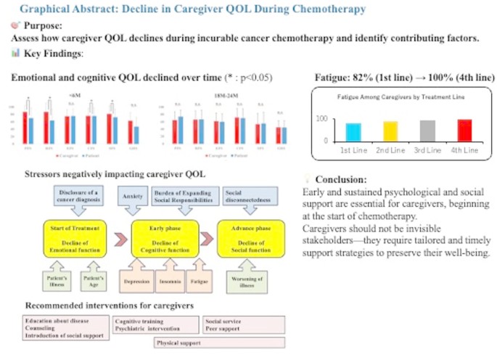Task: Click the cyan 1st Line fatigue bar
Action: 353,131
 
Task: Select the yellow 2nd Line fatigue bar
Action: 390,131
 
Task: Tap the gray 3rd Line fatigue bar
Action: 427,130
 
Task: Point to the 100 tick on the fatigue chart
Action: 322,118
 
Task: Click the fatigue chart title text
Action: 400,97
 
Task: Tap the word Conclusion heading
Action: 341,179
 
